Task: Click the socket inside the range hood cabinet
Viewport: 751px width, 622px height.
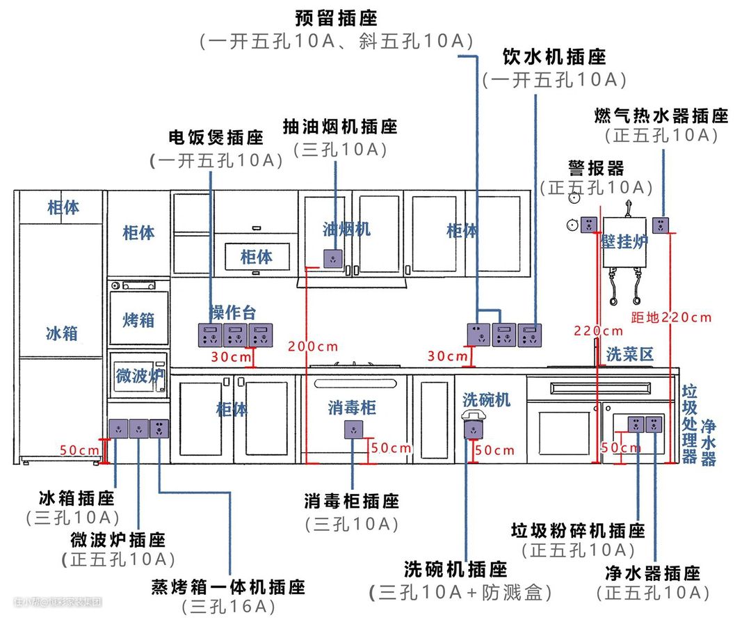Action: pos(334,258)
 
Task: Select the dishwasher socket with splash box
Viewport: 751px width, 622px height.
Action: pos(474,426)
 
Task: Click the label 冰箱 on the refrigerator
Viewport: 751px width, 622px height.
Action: pos(62,333)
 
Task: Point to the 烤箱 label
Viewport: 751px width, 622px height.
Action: pos(138,320)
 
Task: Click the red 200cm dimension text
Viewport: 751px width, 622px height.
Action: pos(314,346)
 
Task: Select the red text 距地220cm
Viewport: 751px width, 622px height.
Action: pos(672,317)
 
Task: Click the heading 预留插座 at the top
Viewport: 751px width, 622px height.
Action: pos(337,17)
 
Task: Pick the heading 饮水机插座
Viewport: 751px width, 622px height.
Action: pos(554,56)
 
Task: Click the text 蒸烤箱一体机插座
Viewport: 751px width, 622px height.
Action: pos(228,587)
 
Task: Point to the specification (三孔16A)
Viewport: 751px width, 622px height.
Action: pos(228,606)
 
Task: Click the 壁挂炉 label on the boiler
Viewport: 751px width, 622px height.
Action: pos(624,241)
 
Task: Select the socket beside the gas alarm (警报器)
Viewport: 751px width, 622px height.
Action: pos(588,225)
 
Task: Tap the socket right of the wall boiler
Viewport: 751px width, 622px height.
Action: pos(660,225)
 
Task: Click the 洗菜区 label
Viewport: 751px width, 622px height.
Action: pos(630,354)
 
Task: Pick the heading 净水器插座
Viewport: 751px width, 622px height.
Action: pos(652,573)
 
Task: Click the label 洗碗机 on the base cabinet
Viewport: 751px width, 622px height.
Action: pos(486,399)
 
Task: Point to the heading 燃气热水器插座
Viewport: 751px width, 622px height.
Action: pos(661,115)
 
